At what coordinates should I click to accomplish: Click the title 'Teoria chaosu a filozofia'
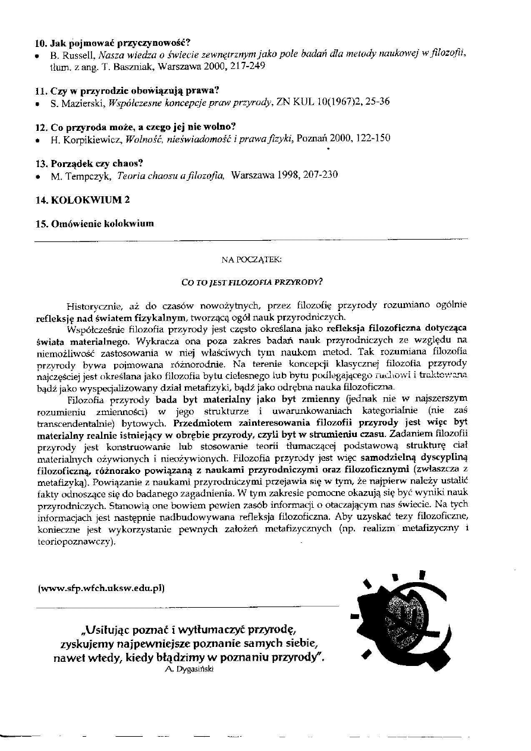[170, 175]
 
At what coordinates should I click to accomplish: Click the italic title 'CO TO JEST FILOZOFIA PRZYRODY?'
[252, 281]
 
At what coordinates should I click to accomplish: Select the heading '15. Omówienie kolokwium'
[94, 224]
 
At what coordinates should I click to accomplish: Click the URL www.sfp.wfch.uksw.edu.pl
[101, 588]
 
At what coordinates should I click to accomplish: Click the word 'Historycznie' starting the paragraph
[91, 305]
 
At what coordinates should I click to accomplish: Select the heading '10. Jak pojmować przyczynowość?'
[112, 43]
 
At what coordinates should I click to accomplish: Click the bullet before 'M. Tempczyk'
[37, 176]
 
